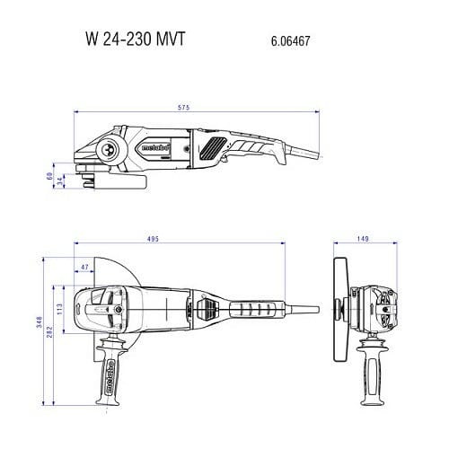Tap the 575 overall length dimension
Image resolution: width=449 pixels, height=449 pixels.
click(x=184, y=109)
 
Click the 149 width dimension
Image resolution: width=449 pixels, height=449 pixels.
click(x=363, y=239)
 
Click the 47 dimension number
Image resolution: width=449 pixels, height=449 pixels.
click(x=84, y=268)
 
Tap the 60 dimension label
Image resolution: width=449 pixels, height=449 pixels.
click(x=51, y=175)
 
